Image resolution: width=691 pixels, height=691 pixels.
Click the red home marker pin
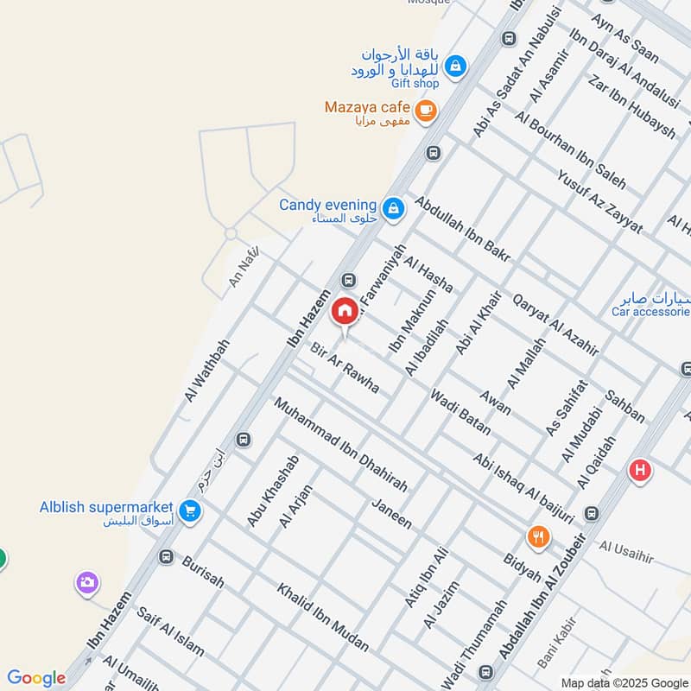click(x=345, y=311)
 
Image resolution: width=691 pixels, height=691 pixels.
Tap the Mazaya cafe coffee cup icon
click(x=424, y=111)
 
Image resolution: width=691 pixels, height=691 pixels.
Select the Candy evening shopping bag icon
click(x=394, y=208)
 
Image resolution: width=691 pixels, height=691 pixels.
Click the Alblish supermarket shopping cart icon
click(x=191, y=512)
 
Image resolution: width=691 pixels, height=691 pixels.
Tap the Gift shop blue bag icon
click(x=455, y=65)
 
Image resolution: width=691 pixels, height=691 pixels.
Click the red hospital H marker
click(x=640, y=471)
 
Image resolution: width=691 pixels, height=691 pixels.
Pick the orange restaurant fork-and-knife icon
click(x=538, y=536)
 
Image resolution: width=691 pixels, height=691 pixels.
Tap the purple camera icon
click(x=86, y=583)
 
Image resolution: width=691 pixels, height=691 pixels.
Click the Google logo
click(x=35, y=678)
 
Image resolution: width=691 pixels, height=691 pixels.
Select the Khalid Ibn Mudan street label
click(x=322, y=618)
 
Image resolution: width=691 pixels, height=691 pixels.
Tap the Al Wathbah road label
click(x=206, y=370)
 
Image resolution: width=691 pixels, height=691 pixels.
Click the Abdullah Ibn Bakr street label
click(x=463, y=228)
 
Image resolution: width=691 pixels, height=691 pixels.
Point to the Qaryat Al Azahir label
click(x=555, y=325)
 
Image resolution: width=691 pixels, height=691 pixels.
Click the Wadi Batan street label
click(x=460, y=412)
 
